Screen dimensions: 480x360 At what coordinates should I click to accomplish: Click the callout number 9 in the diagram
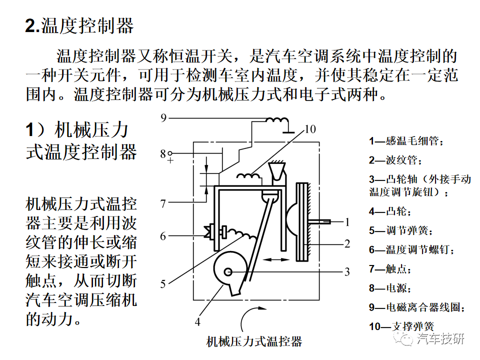[163, 118]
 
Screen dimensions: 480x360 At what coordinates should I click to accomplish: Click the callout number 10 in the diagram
[310, 129]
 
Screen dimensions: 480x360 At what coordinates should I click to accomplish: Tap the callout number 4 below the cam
[197, 322]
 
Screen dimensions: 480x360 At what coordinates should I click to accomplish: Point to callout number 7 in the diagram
[163, 203]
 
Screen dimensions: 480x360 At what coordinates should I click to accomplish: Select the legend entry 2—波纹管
[395, 160]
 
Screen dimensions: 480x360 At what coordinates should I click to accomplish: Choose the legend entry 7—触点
[390, 269]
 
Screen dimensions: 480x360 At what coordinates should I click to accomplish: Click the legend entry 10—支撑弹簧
[401, 326]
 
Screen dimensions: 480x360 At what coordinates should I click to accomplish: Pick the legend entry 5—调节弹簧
[401, 230]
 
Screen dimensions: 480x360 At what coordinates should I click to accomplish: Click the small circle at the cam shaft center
[228, 272]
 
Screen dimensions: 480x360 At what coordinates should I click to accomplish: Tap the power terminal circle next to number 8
[170, 153]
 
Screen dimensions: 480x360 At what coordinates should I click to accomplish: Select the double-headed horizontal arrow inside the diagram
[276, 260]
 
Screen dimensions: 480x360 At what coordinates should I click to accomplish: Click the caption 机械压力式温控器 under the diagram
[254, 341]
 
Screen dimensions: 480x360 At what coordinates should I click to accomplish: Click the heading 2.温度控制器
[79, 25]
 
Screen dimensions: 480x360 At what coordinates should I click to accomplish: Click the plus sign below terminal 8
[170, 160]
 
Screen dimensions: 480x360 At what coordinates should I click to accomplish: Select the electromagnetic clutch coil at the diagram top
[276, 120]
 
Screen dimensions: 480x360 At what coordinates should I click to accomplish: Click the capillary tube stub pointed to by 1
[319, 221]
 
